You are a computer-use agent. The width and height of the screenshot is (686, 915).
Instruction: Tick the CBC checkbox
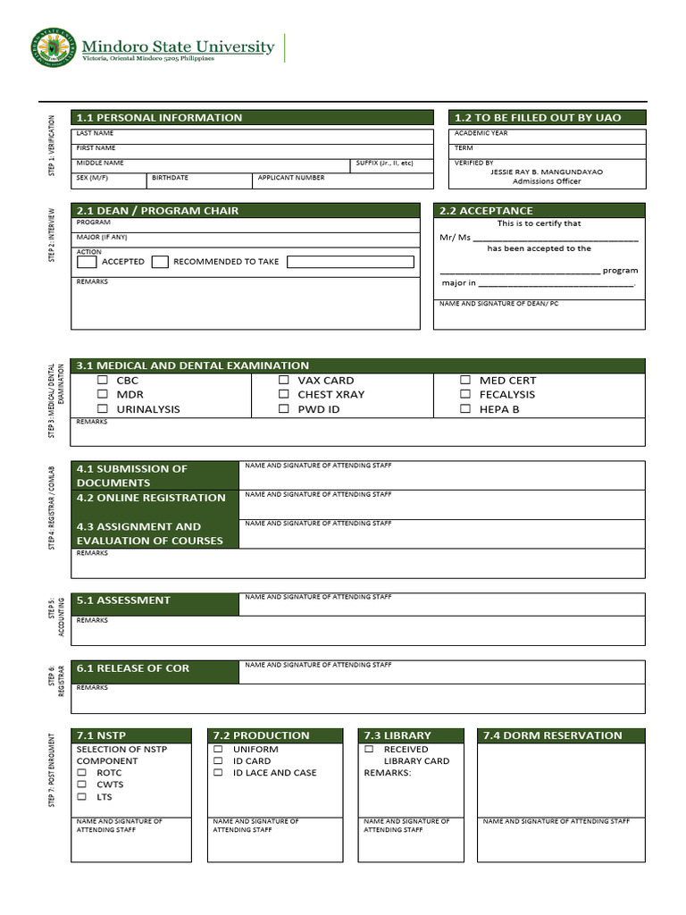pos(103,380)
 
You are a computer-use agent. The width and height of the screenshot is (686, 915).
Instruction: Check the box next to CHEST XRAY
pos(283,394)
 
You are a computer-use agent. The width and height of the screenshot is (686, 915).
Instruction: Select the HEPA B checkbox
pos(465,408)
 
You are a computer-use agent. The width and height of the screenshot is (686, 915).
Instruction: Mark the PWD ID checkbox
pos(283,408)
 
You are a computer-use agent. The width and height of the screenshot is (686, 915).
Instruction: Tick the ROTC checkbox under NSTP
pos(81,773)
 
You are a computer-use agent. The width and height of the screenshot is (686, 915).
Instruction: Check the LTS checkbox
pos(81,796)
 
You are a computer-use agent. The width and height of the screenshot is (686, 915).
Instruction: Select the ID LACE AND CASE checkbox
pos(218,773)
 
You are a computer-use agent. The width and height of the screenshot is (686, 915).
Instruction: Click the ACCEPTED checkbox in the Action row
pos(87,262)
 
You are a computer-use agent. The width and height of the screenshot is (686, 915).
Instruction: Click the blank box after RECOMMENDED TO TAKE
pos(350,262)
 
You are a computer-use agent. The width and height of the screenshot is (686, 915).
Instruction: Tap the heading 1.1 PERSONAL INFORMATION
pos(159,118)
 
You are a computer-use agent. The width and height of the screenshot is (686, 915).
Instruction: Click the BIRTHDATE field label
pos(170,178)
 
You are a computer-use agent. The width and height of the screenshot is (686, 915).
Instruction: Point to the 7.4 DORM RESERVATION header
pos(552,735)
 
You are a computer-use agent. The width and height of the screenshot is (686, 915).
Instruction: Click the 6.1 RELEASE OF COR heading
pos(133,668)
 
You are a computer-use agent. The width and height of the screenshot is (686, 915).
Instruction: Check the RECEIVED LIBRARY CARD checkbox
pos(369,750)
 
